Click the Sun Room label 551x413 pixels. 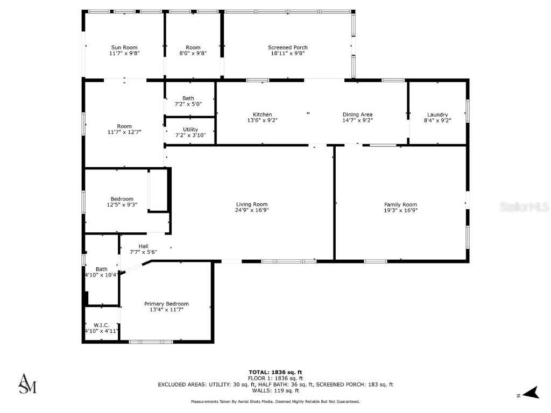click(124, 47)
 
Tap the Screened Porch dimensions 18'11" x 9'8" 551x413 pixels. click(288, 53)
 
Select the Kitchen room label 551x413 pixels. click(262, 115)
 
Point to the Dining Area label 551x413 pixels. click(357, 115)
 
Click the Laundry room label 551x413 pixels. click(437, 115)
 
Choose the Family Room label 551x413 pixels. click(400, 204)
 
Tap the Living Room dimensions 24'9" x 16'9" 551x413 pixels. click(252, 210)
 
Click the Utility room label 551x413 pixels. click(190, 130)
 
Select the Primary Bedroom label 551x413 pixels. click(166, 304)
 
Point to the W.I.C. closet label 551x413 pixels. click(101, 325)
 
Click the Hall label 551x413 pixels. click(143, 246)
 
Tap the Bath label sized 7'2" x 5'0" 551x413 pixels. click(188, 98)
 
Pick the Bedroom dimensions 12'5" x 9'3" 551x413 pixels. click(122, 204)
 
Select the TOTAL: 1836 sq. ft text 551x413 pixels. click(275, 372)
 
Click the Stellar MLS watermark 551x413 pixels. click(524, 206)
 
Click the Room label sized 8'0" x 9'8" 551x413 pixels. click(193, 47)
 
